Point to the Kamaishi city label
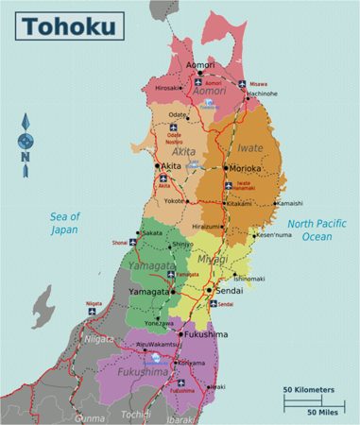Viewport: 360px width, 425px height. (x=289, y=203)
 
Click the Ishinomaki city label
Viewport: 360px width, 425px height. (x=249, y=279)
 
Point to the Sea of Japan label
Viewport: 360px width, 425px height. (x=64, y=222)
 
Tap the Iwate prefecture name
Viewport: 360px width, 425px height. (x=249, y=148)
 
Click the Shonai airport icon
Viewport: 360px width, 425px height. (x=133, y=242)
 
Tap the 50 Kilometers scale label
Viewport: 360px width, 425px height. (x=308, y=389)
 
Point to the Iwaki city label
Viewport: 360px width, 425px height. (x=217, y=386)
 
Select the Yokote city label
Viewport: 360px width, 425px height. (x=175, y=201)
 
